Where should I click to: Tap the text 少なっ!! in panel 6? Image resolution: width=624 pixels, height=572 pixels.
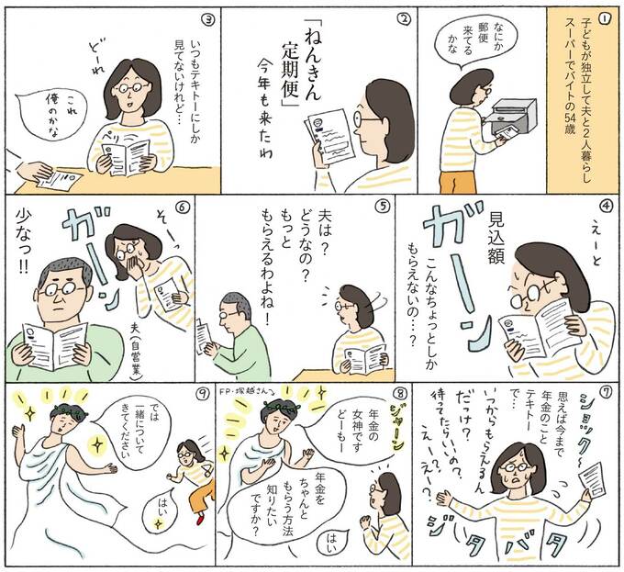coord(21,244)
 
